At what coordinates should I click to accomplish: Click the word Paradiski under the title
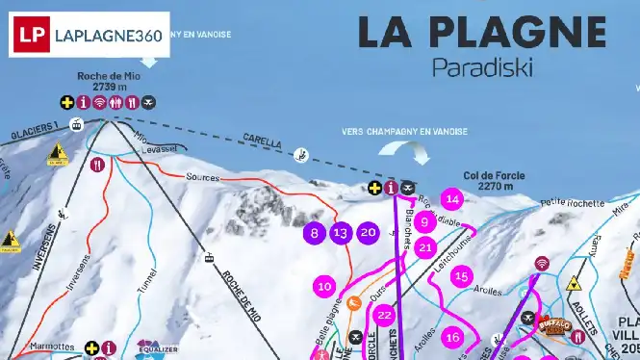(481, 67)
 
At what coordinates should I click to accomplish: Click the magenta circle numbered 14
(451, 200)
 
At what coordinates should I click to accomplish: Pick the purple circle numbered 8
(314, 232)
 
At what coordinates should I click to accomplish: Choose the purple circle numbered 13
(340, 232)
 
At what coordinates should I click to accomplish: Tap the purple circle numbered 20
(368, 232)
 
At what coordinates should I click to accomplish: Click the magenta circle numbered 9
(423, 222)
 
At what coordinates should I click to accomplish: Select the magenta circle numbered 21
(426, 247)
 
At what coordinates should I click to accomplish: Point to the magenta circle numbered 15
(462, 277)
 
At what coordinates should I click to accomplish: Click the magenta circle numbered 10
(324, 286)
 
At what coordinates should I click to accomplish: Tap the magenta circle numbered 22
(385, 315)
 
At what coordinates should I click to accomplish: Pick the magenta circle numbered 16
(452, 337)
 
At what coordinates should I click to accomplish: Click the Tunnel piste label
(147, 278)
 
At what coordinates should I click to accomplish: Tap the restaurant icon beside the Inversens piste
(97, 165)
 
